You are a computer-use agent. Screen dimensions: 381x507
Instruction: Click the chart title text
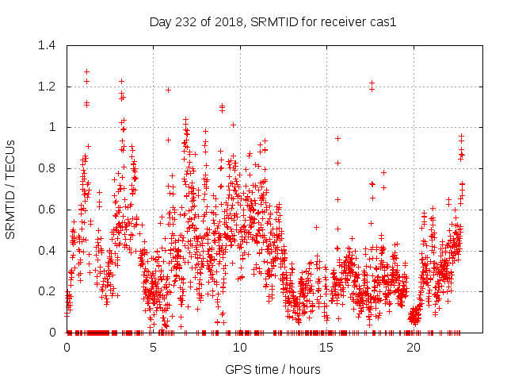click(273, 21)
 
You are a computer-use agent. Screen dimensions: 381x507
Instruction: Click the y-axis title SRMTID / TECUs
click(11, 189)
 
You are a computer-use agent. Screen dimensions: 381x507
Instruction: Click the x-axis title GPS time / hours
click(273, 369)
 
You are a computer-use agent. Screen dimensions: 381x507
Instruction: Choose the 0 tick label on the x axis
click(67, 348)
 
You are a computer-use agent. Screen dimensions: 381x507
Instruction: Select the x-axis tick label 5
click(154, 348)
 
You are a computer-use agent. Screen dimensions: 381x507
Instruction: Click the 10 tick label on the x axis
click(241, 348)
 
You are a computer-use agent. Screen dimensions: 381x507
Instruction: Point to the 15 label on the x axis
click(327, 348)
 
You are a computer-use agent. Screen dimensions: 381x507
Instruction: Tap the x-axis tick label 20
click(414, 348)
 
